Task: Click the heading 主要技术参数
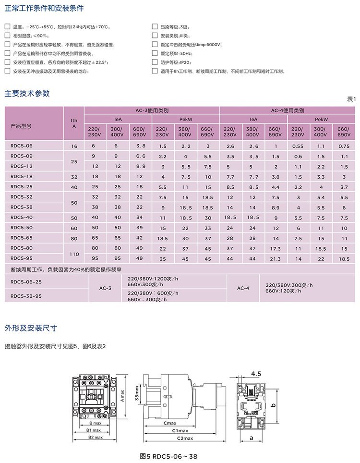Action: (x=27, y=94)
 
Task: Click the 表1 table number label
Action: (x=351, y=99)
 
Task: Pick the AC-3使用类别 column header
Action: (x=152, y=110)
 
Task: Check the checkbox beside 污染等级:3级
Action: (x=155, y=27)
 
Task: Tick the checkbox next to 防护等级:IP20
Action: (x=155, y=62)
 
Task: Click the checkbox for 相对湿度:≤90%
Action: (x=7, y=36)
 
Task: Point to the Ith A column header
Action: (x=74, y=123)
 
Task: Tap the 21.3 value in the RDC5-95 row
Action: (x=275, y=258)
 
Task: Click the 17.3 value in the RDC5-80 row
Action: (x=275, y=248)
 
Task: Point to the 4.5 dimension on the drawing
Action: (x=256, y=374)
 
